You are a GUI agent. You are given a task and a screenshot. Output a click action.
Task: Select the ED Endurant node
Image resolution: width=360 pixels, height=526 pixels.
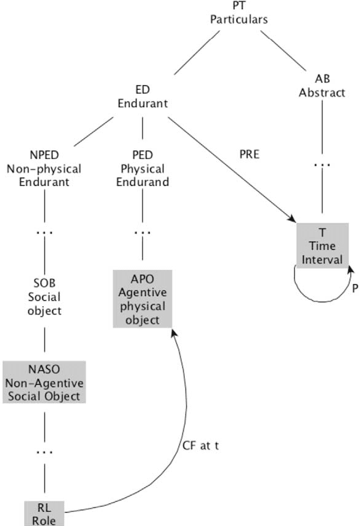click(x=142, y=97)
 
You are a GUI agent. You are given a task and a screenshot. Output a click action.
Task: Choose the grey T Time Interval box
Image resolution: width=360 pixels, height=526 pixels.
click(x=322, y=245)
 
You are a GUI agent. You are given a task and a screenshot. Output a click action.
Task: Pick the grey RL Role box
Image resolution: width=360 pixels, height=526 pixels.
click(x=44, y=512)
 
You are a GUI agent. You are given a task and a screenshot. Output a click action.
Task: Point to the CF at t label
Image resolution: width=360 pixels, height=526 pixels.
click(x=200, y=446)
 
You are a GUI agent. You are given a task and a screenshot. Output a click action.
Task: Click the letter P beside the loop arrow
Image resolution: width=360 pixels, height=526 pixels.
click(x=354, y=288)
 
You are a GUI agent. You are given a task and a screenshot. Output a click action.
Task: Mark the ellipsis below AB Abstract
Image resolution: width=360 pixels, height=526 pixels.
click(x=322, y=165)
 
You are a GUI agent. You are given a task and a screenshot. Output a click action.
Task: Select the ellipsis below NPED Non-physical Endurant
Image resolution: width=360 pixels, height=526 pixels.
click(x=44, y=233)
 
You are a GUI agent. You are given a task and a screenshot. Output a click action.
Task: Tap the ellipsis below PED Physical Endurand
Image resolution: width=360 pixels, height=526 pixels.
click(x=142, y=233)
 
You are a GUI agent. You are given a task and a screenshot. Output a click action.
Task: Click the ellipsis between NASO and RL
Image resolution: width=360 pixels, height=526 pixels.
click(x=44, y=452)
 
